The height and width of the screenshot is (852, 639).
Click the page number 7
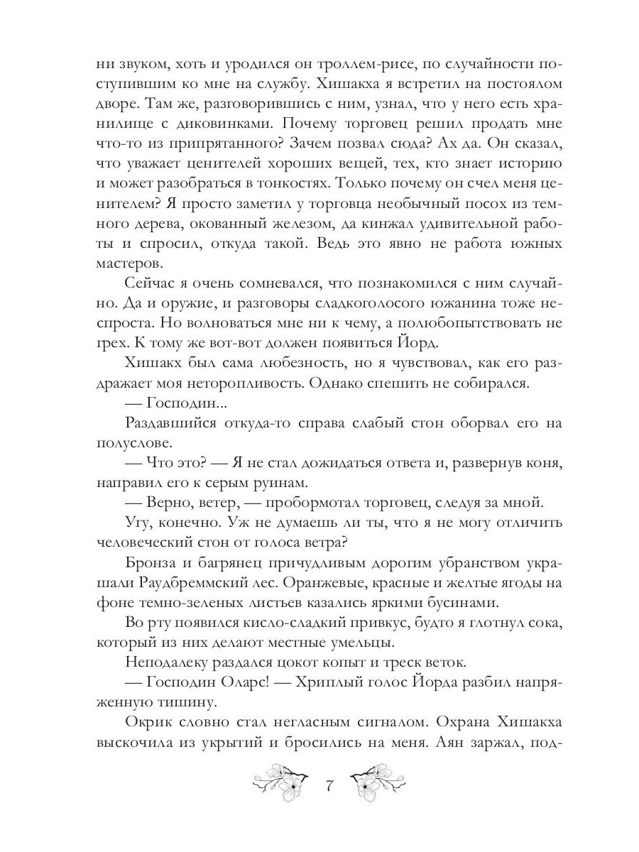coord(329,787)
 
